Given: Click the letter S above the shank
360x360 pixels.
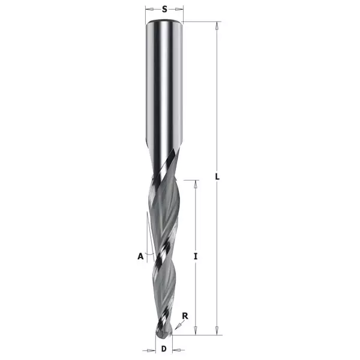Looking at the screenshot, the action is coord(164,9).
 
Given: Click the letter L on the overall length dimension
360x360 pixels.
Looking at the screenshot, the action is coord(217,176).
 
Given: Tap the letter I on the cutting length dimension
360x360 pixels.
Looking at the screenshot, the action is coord(196,256).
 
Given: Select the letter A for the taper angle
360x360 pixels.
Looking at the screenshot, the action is coord(140,256).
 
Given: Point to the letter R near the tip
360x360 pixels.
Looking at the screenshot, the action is coord(185,316).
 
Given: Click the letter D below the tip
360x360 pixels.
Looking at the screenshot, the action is coord(164,349).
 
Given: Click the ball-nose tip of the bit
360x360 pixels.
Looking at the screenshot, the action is coord(163,332).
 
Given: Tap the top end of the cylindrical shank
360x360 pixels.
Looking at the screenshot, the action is coord(164,21).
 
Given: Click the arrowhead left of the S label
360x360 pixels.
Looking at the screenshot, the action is coord(149,9).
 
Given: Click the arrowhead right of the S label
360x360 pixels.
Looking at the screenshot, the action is coord(179,9).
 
